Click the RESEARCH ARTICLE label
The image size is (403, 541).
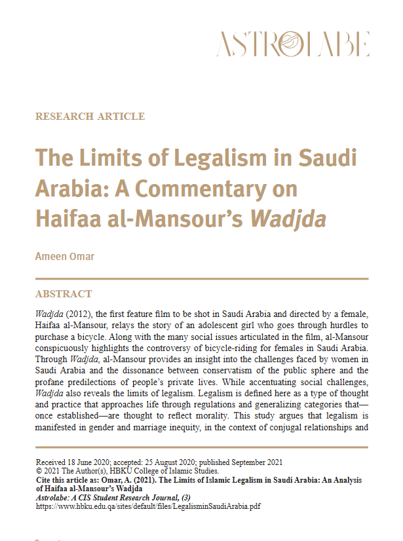click(x=90, y=117)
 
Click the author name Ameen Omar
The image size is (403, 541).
click(x=64, y=256)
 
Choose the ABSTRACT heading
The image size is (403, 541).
click(x=64, y=293)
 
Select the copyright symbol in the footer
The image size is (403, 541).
click(x=39, y=471)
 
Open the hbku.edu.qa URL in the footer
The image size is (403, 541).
click(x=148, y=506)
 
